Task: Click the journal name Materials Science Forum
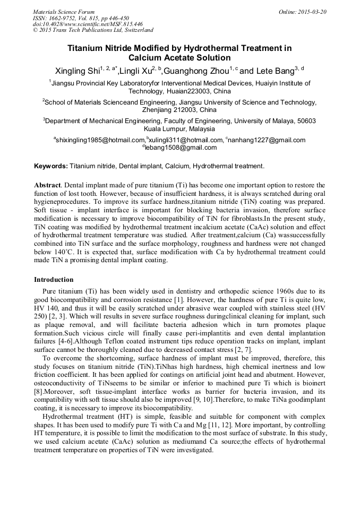point(64,12)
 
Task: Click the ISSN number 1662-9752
point(66,18)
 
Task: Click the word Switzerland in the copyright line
point(136,30)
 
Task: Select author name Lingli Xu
point(136,71)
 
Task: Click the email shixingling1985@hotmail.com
point(99,140)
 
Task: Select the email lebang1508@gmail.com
point(181,148)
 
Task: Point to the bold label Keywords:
point(51,166)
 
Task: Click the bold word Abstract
point(47,185)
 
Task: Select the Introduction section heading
point(54,279)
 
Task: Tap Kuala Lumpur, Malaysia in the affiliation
point(179,128)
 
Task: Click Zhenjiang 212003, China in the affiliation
point(179,110)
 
